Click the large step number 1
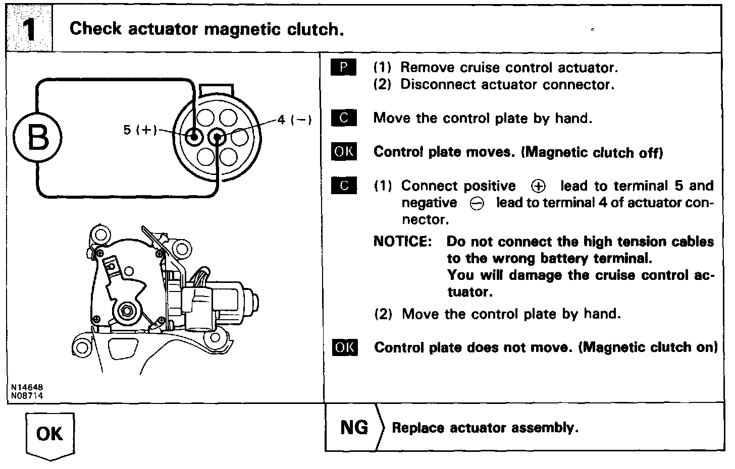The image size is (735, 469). [29, 29]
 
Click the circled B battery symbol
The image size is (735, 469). [38, 137]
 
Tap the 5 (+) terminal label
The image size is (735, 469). [140, 130]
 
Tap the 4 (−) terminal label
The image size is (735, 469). [294, 120]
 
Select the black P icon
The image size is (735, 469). [344, 68]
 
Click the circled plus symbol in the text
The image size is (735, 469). [538, 187]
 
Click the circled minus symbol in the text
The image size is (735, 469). [477, 203]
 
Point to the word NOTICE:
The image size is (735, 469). [402, 242]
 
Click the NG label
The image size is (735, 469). [354, 428]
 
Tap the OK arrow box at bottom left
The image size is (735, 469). [49, 434]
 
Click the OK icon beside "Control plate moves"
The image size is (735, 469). [344, 152]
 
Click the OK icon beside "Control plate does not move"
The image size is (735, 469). [345, 347]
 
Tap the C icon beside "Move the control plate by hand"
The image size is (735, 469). [344, 119]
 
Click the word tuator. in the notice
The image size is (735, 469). [469, 292]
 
